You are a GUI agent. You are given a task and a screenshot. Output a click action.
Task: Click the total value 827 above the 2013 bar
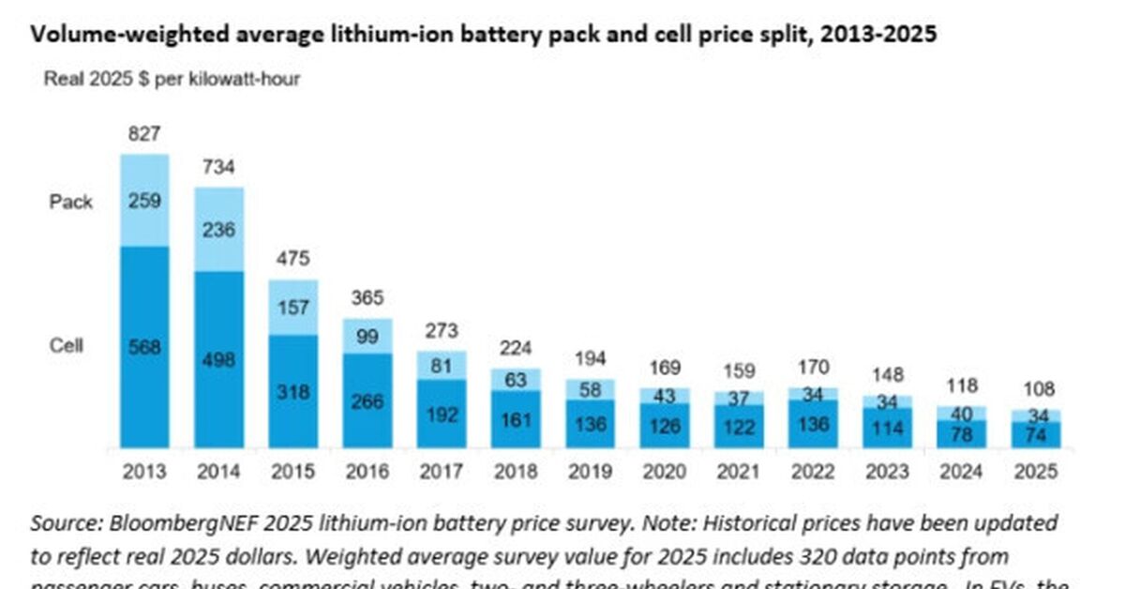tap(143, 136)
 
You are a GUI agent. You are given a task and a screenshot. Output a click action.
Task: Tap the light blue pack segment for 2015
tap(292, 307)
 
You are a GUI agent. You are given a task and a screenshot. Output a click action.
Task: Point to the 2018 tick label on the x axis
tap(516, 471)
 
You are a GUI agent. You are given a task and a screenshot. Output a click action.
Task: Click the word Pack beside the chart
tap(71, 202)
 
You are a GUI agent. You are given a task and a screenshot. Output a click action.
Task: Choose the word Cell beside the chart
tap(67, 345)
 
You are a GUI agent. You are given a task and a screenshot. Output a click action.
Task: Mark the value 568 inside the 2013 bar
tap(143, 347)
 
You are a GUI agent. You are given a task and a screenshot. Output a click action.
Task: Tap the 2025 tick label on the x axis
tap(1036, 471)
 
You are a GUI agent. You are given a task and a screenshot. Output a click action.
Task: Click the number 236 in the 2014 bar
tap(218, 230)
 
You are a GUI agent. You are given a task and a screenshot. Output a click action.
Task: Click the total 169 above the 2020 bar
tap(664, 368)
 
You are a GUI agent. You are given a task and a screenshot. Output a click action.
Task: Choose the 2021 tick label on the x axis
tap(739, 471)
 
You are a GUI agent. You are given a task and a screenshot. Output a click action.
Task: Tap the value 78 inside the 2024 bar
tap(962, 431)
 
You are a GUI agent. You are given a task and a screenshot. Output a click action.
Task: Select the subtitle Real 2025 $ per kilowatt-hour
tap(172, 79)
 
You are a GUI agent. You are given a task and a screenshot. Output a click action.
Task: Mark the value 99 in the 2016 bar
tap(367, 335)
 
